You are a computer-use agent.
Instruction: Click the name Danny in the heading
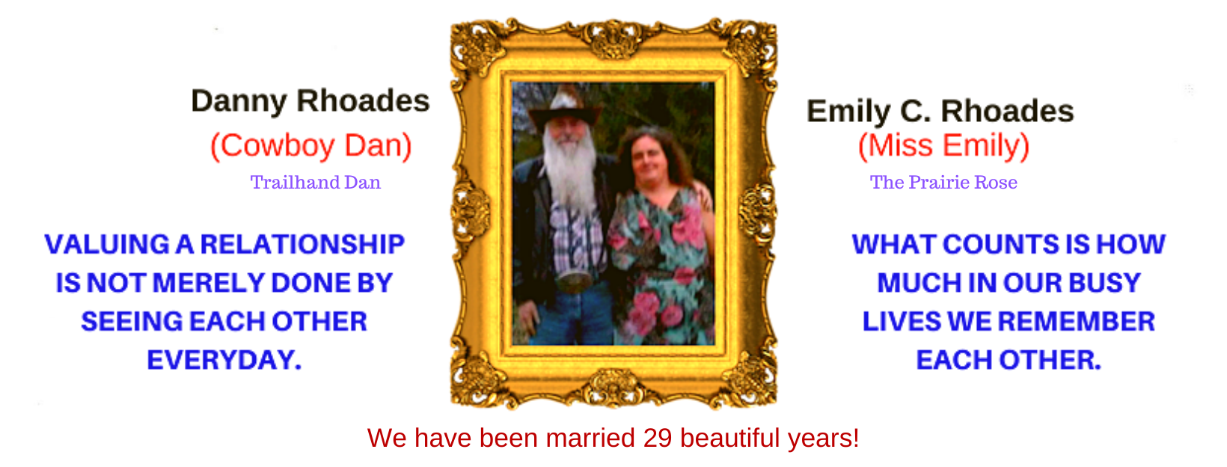238,102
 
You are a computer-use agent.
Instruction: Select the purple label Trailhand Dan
316,183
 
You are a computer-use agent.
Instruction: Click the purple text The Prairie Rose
943,183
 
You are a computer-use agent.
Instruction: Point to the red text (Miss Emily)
943,147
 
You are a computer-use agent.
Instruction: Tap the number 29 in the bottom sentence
658,438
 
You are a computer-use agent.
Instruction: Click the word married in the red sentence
590,438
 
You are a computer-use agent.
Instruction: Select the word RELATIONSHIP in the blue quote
302,245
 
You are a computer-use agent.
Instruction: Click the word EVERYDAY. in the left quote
224,360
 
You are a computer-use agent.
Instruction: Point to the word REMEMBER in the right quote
1077,322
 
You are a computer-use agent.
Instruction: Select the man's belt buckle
573,281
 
